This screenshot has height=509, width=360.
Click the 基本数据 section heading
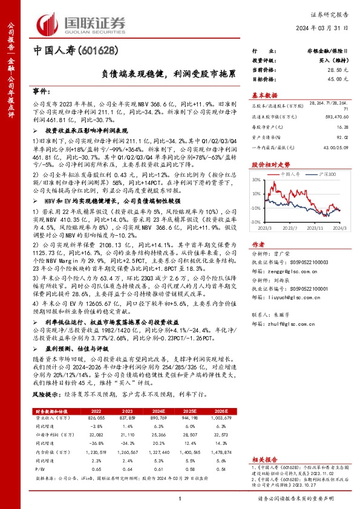(x=264, y=95)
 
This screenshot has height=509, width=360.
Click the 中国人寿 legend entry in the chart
(x=292, y=173)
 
